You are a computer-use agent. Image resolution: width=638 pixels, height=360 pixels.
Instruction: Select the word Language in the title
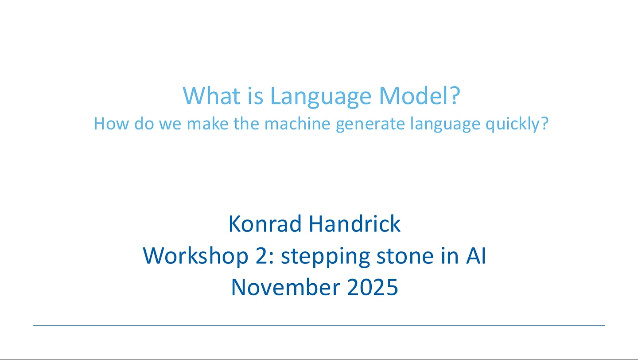coord(321,97)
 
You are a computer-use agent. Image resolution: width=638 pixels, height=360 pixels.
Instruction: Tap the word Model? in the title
coord(420,96)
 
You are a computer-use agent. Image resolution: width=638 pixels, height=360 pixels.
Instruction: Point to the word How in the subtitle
coord(111,124)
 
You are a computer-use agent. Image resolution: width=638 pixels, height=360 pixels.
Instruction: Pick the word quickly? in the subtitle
coord(517,124)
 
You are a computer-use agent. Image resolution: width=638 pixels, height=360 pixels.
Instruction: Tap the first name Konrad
coord(265,224)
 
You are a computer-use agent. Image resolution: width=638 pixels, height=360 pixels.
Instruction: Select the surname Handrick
coord(355,223)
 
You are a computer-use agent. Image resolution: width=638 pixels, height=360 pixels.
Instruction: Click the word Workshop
coord(196,256)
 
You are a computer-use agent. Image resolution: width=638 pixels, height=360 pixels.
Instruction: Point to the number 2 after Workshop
coord(261,256)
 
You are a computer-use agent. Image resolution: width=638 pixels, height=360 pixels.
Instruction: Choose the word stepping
coord(326,257)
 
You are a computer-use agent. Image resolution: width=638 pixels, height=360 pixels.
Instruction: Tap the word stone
coord(405,256)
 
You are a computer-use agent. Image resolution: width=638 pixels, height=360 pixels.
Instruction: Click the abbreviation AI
coord(476,256)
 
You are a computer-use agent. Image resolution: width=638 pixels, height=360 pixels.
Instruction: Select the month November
coord(286,287)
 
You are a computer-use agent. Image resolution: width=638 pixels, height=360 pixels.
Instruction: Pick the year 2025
coord(373,287)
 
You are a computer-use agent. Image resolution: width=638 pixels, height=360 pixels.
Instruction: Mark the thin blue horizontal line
coord(319,325)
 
